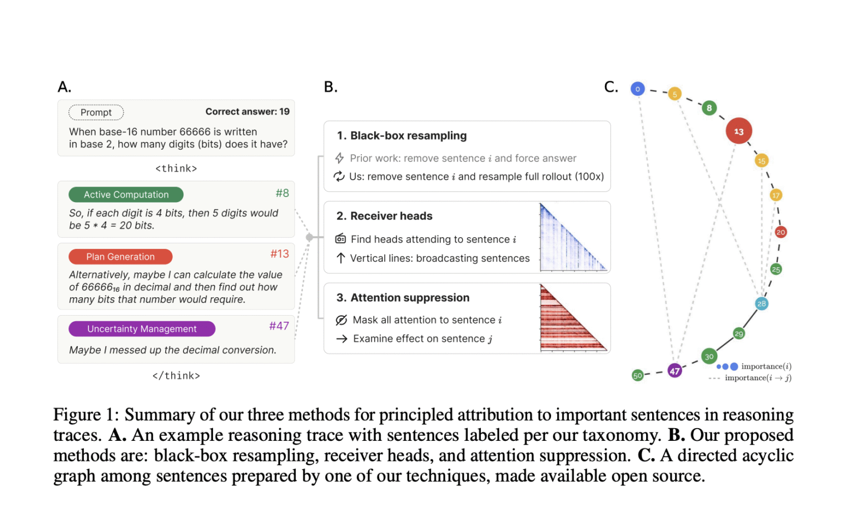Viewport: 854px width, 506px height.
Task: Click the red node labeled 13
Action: pos(738,131)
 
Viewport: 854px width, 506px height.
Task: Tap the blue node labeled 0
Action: pos(637,89)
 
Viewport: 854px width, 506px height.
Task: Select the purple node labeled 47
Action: pos(674,371)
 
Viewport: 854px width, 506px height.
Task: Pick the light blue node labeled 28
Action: pos(761,303)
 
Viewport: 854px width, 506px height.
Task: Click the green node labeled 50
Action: pos(638,375)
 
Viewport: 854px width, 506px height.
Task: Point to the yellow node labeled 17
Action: pos(776,195)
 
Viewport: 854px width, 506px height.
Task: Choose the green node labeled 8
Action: pos(709,108)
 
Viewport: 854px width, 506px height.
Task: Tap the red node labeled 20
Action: pos(781,232)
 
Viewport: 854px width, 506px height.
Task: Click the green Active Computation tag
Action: pos(126,195)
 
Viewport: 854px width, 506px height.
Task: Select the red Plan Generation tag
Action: pos(121,257)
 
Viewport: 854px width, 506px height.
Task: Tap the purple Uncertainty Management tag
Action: pos(142,329)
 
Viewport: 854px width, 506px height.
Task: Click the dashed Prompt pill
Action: pos(96,112)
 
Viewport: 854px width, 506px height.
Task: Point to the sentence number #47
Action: pos(279,326)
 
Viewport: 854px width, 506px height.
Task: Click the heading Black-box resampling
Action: pos(408,136)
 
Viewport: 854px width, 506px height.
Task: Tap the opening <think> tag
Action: pos(176,169)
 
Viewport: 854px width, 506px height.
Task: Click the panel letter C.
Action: pos(610,87)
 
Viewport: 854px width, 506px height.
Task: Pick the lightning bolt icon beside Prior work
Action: pos(339,158)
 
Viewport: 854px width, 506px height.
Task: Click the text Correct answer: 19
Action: pos(247,111)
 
